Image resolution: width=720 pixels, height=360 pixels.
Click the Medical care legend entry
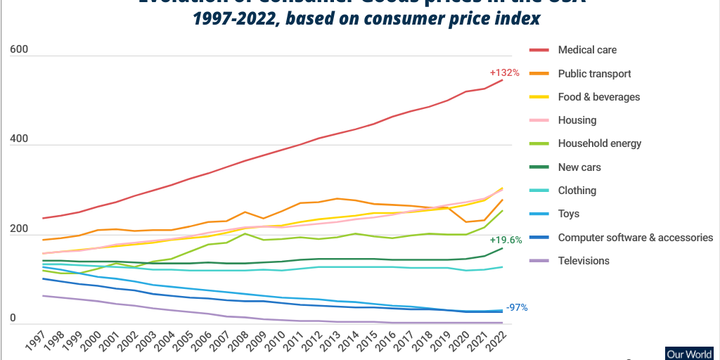pos(587,50)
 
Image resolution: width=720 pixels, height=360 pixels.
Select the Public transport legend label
pos(594,73)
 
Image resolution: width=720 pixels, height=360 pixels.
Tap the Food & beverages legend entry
pos(598,97)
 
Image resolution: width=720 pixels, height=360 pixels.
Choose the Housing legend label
pos(577,120)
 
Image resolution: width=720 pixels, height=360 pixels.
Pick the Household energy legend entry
pos(599,143)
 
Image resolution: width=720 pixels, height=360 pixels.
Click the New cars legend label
pos(579,167)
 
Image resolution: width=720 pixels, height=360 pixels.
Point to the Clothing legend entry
pos(577,191)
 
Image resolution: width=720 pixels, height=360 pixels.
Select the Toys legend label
pos(569,214)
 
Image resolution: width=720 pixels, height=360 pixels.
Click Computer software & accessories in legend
pos(635,238)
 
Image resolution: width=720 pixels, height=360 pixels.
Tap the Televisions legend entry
pos(584,261)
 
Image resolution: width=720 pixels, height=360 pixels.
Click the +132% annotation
pos(504,72)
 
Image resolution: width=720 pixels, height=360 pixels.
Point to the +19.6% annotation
pos(506,240)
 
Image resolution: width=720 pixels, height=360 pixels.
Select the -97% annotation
pos(517,308)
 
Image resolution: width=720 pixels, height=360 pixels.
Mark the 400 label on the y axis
pos(20,139)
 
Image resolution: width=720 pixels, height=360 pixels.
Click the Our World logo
pos(692,354)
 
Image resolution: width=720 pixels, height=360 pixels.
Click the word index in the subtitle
pos(517,19)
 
